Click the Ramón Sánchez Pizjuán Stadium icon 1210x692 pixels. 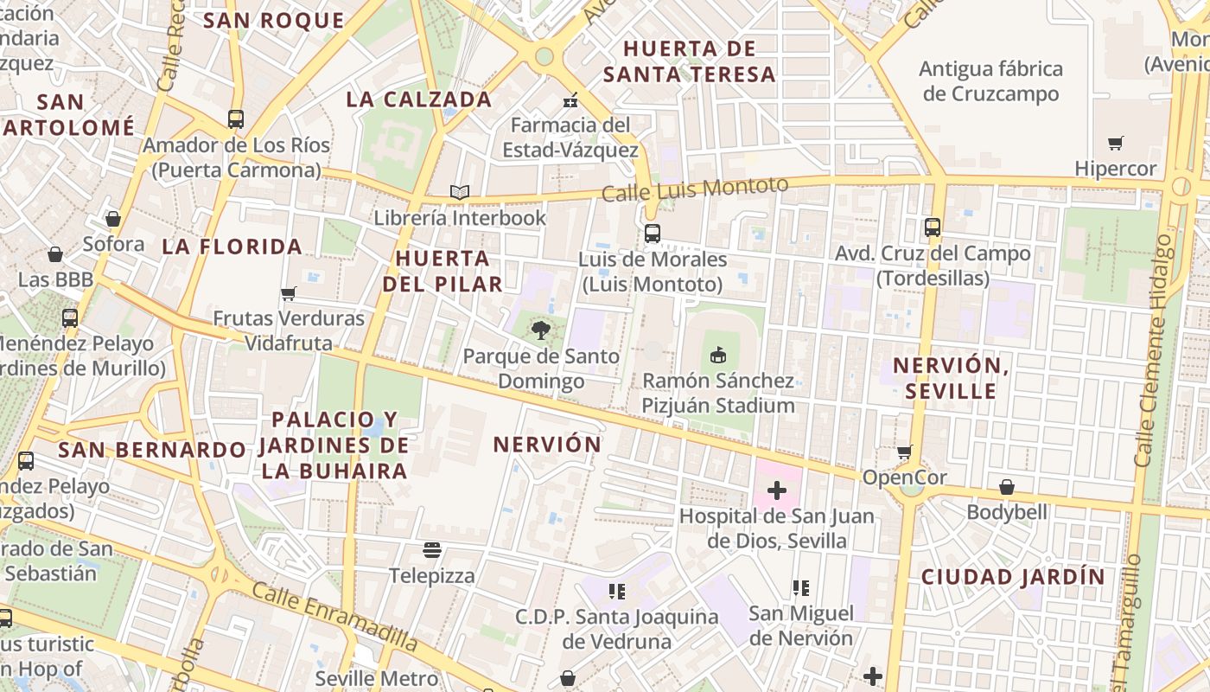717,355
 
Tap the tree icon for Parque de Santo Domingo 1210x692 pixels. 541,330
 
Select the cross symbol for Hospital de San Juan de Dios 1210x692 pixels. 777,490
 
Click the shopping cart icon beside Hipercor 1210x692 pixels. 1116,143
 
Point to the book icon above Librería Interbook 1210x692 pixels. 460,192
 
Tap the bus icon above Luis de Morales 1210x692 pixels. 652,234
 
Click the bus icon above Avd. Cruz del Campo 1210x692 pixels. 932,227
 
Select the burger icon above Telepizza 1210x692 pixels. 432,550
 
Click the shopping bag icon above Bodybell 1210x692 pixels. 1006,487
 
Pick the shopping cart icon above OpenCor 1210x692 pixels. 904,452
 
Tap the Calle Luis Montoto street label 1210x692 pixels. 695,189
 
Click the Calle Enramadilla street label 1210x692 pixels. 334,616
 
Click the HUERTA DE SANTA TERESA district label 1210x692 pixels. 689,61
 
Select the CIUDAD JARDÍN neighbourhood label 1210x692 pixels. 1012,577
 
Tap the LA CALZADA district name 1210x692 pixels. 418,99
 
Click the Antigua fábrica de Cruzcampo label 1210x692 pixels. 990,80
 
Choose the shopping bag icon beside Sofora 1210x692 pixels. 112,219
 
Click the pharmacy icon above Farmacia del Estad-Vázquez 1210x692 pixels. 570,100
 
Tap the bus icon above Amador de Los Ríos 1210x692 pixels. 235,119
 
